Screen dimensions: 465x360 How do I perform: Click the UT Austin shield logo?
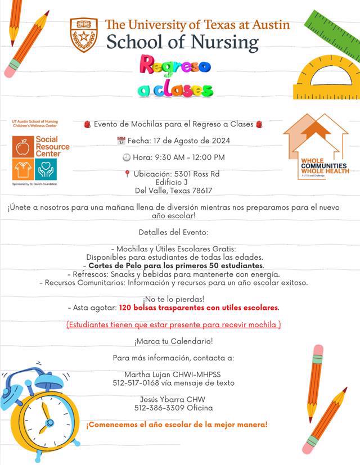84,34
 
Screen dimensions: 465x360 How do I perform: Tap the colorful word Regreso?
175,66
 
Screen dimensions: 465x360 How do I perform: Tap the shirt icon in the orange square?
23,169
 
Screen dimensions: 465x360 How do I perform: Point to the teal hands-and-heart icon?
46,169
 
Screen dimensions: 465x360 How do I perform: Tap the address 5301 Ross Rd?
189,174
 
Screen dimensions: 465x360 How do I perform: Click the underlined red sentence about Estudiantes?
174,324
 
